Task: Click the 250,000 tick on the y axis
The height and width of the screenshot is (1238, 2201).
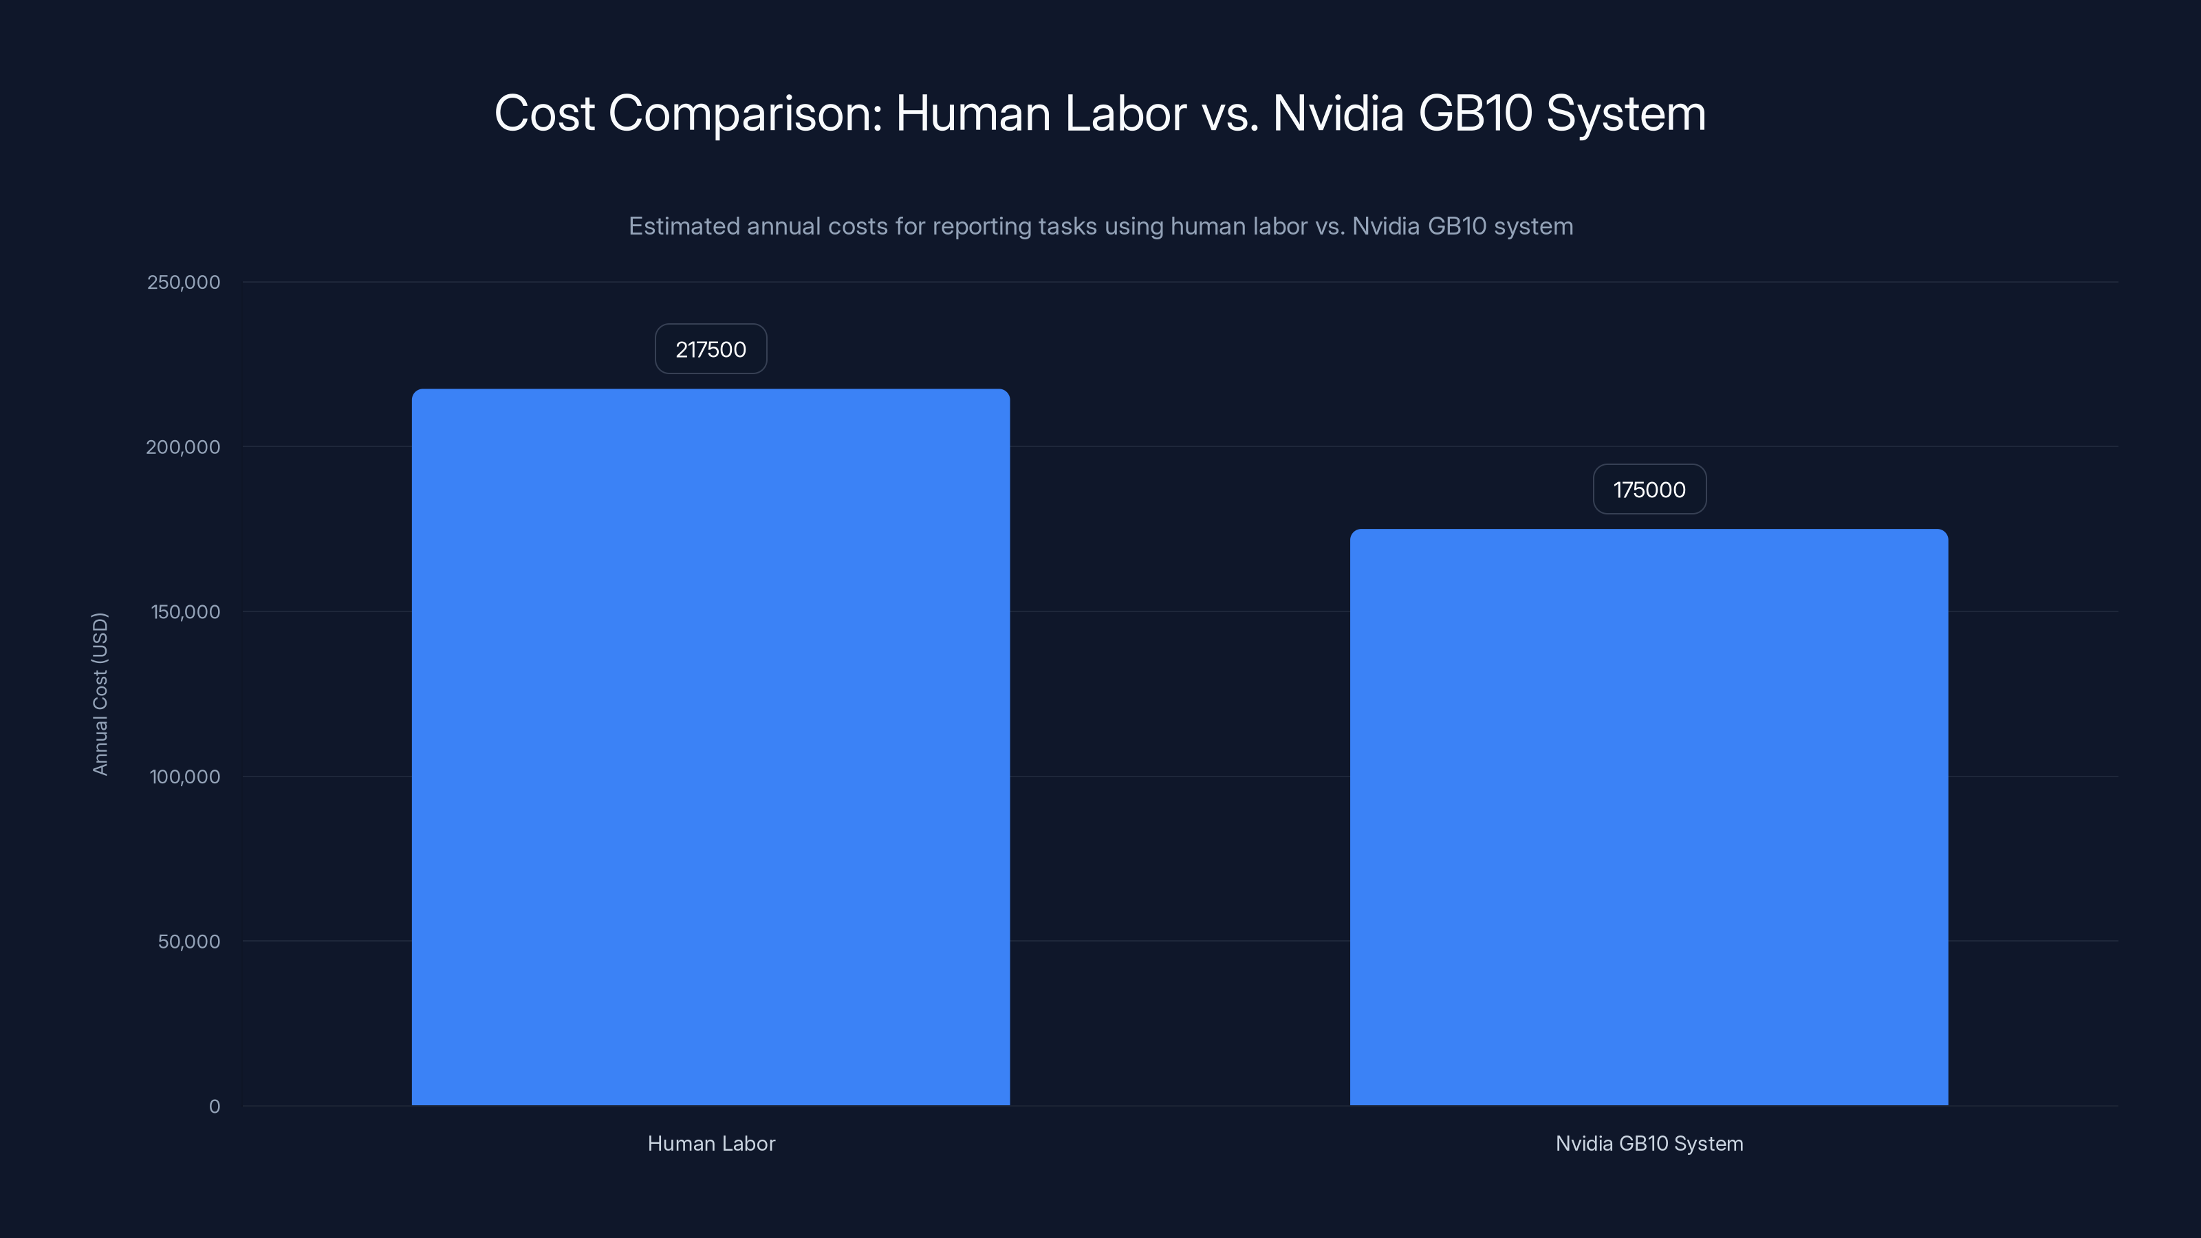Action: click(x=183, y=282)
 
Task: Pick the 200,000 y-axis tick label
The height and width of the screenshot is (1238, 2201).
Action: click(x=183, y=447)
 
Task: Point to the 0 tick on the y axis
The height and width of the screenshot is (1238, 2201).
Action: click(x=214, y=1107)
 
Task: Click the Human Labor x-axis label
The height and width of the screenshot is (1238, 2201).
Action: click(x=711, y=1143)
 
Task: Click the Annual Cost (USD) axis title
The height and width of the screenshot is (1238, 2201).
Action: click(x=100, y=694)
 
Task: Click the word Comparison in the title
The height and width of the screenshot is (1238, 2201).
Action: click(x=744, y=113)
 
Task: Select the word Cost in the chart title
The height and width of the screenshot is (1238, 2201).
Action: click(x=544, y=113)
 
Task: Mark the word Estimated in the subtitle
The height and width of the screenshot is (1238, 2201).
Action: click(x=684, y=226)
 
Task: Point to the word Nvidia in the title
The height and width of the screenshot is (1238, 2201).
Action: click(x=1338, y=113)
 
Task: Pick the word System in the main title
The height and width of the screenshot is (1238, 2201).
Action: click(x=1625, y=113)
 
